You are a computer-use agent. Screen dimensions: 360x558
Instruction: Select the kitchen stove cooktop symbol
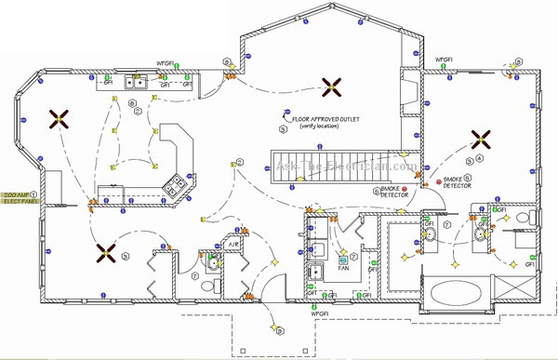point(174,184)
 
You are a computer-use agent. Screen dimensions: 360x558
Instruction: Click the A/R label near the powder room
point(235,244)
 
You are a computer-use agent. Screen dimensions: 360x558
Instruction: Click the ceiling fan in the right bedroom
point(481,140)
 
